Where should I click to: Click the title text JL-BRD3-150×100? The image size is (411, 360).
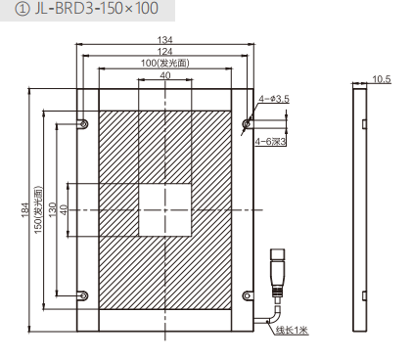click(x=97, y=9)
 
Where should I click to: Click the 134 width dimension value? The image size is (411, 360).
click(x=165, y=40)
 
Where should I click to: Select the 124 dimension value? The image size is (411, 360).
click(x=165, y=52)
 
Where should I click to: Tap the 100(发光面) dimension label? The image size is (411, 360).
click(x=165, y=63)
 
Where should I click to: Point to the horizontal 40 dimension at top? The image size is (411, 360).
click(x=165, y=75)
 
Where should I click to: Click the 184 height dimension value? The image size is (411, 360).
click(x=25, y=210)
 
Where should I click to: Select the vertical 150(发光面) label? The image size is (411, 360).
click(x=38, y=209)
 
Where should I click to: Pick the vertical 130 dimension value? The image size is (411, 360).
click(x=52, y=209)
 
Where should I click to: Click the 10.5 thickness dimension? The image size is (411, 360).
click(x=382, y=79)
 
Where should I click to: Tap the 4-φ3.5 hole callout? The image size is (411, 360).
click(x=274, y=99)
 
